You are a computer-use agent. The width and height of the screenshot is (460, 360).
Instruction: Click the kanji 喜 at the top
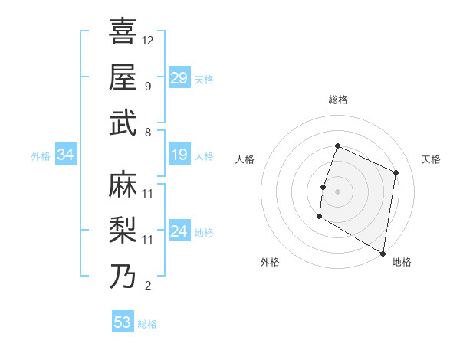pyautogui.click(x=123, y=31)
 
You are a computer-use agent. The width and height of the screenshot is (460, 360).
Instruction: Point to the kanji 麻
pyautogui.click(x=123, y=185)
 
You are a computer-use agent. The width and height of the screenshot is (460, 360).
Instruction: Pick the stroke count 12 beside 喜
pyautogui.click(x=148, y=40)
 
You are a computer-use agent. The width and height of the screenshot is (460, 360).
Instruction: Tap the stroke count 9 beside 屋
pyautogui.click(x=147, y=85)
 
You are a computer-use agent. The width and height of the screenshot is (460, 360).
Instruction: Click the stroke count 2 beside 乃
pyautogui.click(x=147, y=286)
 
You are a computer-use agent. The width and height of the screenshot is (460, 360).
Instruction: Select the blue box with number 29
pyautogui.click(x=179, y=78)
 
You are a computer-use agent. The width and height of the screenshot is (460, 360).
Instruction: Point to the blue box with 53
pyautogui.click(x=123, y=322)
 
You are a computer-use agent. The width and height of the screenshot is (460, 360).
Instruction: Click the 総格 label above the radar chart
pyautogui.click(x=337, y=100)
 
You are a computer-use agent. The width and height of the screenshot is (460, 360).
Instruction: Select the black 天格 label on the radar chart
pyautogui.click(x=431, y=159)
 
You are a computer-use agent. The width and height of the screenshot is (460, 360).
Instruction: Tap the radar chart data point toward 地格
pyautogui.click(x=383, y=253)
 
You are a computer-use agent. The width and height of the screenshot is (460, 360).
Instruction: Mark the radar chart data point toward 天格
pyautogui.click(x=396, y=173)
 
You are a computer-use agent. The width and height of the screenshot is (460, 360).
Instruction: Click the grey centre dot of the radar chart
pyautogui.click(x=337, y=191)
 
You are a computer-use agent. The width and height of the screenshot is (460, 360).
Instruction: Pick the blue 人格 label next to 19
pyautogui.click(x=204, y=156)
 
